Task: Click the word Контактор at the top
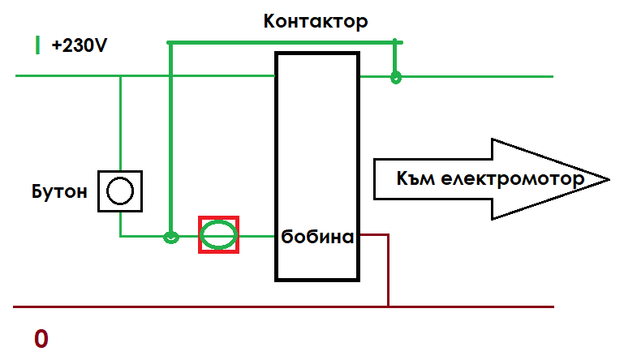[x=316, y=22]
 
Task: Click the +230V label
[x=80, y=46]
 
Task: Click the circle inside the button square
[x=120, y=191]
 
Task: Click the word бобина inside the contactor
[x=317, y=238]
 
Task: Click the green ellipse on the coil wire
[x=219, y=236]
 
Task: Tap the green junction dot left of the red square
[x=170, y=238]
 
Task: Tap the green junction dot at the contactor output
[x=395, y=78]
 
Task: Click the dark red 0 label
[x=41, y=339]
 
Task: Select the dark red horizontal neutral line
[x=203, y=307]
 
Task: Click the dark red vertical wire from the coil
[x=389, y=272]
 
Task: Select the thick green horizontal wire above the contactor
[x=284, y=42]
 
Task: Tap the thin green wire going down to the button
[x=120, y=122]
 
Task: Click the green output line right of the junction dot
[x=479, y=78]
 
